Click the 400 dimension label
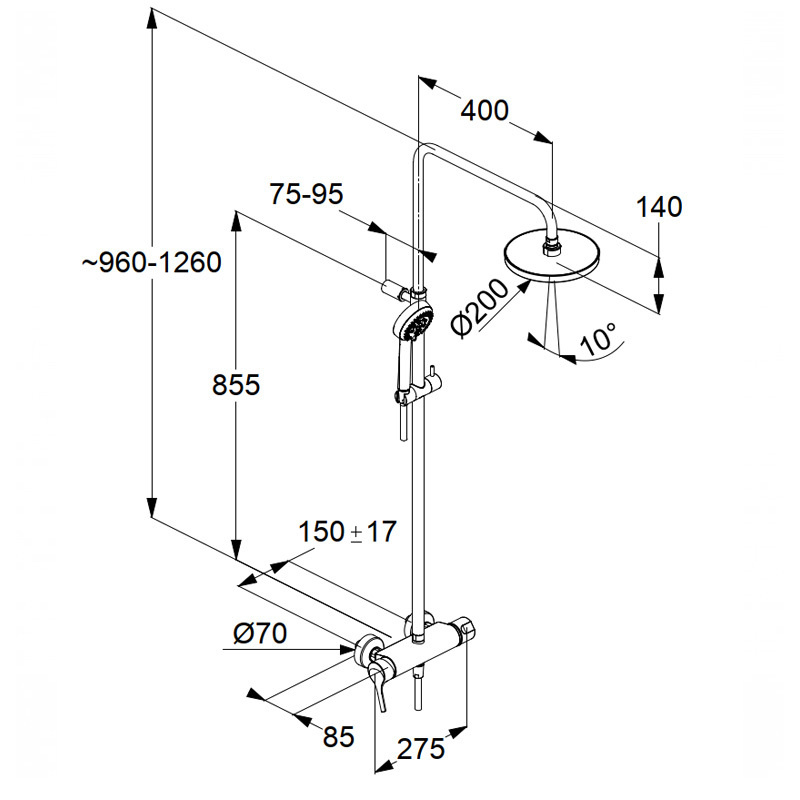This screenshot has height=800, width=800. [485, 111]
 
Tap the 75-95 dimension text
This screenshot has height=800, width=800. [306, 194]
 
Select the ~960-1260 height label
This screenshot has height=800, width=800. [152, 263]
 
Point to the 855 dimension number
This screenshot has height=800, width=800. [236, 384]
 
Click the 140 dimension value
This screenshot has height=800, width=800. [659, 207]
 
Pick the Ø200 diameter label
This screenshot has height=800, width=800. [480, 308]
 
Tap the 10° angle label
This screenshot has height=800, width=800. [598, 338]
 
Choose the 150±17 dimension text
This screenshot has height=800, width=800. [347, 532]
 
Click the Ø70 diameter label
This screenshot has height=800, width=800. [260, 634]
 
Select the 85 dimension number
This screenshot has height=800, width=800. [338, 737]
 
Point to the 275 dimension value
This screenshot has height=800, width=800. [421, 749]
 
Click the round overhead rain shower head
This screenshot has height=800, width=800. [553, 258]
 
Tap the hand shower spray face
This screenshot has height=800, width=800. [416, 322]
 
